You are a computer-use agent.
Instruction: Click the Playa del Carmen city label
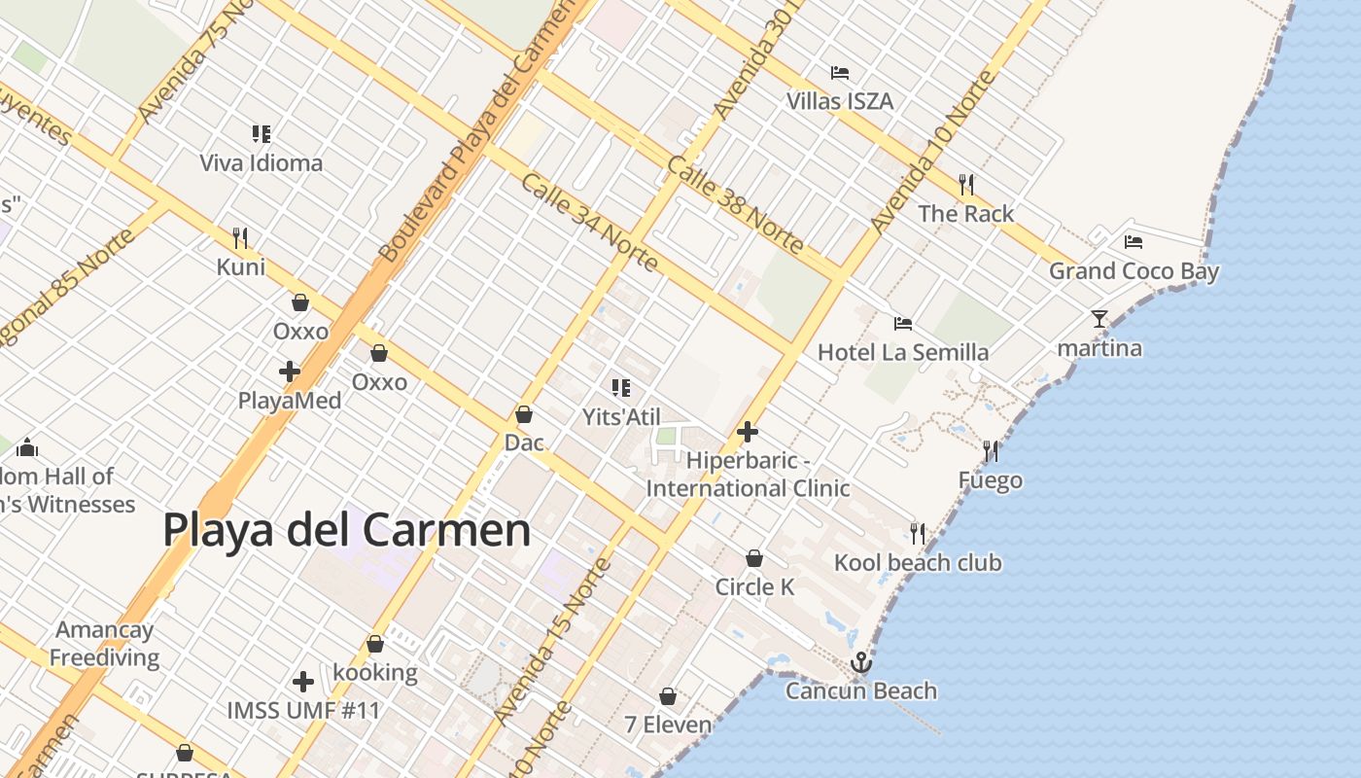tap(346, 531)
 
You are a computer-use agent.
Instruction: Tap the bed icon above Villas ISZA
tap(840, 73)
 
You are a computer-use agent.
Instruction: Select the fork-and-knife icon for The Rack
tap(965, 184)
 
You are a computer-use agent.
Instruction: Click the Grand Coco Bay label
tap(1133, 271)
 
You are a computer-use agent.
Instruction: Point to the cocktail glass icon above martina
tap(1099, 318)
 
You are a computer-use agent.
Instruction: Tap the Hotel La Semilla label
tap(902, 352)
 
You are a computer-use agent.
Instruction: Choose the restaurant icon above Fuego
tap(990, 450)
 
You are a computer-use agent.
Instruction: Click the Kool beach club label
tap(917, 562)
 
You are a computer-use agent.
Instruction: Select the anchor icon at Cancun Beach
tap(860, 663)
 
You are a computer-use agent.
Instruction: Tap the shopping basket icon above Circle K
tap(753, 558)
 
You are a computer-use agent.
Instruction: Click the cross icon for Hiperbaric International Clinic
tap(747, 431)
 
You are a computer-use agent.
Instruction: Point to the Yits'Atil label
tap(621, 417)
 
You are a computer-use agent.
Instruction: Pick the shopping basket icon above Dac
tap(523, 414)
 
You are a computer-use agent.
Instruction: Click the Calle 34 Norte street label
tap(589, 223)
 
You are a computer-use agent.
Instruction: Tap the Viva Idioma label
tap(261, 162)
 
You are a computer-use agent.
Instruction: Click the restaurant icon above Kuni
tap(240, 237)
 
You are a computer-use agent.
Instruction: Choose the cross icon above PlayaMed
tap(289, 371)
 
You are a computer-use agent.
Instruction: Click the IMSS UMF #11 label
tap(302, 710)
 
